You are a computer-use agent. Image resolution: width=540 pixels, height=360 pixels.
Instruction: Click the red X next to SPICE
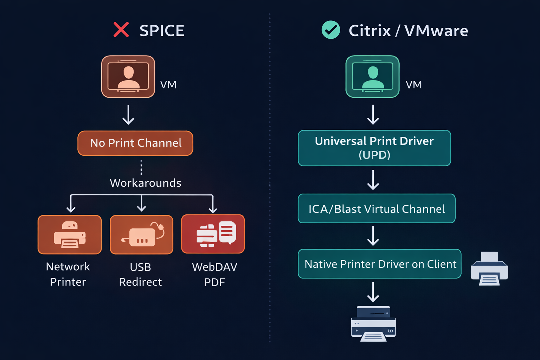pyautogui.click(x=121, y=30)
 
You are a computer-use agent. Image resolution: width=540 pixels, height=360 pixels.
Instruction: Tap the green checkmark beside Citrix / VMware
pyautogui.click(x=330, y=30)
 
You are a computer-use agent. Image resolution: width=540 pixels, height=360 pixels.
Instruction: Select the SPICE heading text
pyautogui.click(x=162, y=31)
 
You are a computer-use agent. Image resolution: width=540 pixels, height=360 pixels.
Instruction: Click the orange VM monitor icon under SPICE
pyautogui.click(x=128, y=77)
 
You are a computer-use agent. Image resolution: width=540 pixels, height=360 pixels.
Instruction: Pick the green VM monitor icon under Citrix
pyautogui.click(x=372, y=77)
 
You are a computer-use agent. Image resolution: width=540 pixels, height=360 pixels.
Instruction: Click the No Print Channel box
pyautogui.click(x=135, y=143)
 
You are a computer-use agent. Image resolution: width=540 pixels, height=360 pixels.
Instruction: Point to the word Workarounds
pyautogui.click(x=146, y=183)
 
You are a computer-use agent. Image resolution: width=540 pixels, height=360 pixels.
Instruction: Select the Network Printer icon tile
pyautogui.click(x=70, y=234)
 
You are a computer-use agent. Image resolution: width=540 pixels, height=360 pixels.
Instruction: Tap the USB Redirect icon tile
pyautogui.click(x=141, y=234)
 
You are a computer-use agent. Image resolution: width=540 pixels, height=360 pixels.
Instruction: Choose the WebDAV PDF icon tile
pyautogui.click(x=213, y=234)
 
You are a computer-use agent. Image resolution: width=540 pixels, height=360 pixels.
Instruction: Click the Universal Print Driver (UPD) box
pyautogui.click(x=374, y=148)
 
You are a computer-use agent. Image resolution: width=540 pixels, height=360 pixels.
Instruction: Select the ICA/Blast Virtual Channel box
pyautogui.click(x=377, y=209)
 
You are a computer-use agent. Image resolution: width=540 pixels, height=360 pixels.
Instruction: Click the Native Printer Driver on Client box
pyautogui.click(x=380, y=264)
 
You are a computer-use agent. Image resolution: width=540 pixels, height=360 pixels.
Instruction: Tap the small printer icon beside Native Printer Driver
pyautogui.click(x=489, y=269)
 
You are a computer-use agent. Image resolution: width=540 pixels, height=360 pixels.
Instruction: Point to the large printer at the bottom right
pyautogui.click(x=373, y=323)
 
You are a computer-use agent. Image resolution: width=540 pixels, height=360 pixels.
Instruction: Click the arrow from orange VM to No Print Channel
pyautogui.click(x=128, y=115)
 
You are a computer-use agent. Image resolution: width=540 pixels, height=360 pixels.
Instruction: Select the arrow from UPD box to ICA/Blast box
pyautogui.click(x=373, y=180)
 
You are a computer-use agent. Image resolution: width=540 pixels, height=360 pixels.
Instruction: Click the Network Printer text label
pyautogui.click(x=68, y=274)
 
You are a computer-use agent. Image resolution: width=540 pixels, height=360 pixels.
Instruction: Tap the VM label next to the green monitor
pyautogui.click(x=413, y=85)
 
